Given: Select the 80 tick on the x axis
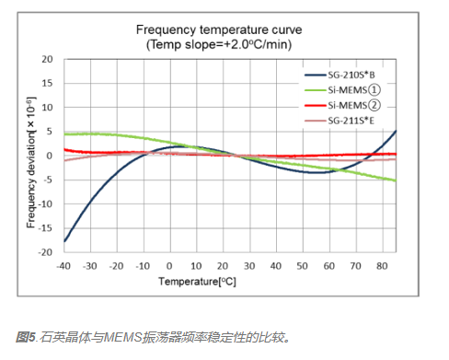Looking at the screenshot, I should click(382, 266).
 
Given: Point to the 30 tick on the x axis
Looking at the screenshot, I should click(249, 266).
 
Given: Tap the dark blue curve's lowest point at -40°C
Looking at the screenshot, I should click(65, 240).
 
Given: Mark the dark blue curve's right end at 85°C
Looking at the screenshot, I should click(395, 131).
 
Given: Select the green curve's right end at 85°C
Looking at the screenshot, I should click(395, 180).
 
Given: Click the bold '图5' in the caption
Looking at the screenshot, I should click(25, 337).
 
